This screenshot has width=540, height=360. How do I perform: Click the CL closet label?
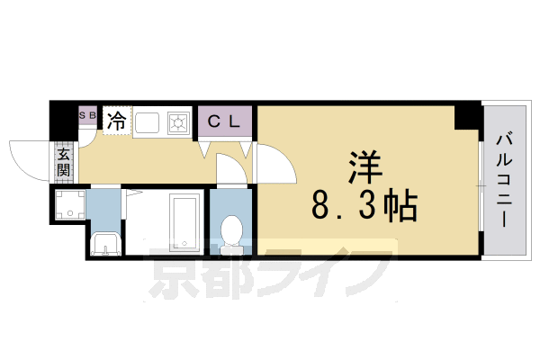[x=225, y=121]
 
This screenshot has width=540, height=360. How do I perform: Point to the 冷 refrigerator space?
[x=117, y=120]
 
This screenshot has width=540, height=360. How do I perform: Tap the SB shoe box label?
[x=87, y=116]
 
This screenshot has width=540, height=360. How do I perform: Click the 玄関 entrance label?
[x=64, y=162]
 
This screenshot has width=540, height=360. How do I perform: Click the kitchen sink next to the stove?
[x=148, y=121]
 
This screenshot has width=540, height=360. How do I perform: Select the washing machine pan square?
[x=70, y=205]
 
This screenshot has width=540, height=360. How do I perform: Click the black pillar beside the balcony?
[x=467, y=116]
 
